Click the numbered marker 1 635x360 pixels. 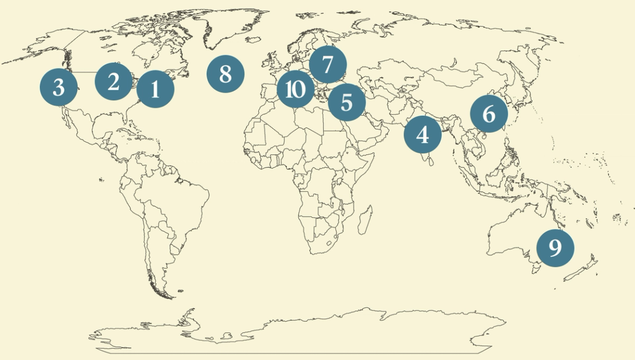pos(155,89)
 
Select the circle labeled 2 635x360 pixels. pos(114,82)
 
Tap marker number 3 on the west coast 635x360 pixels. pos(58,87)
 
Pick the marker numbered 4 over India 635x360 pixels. pos(423,135)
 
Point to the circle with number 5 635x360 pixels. pos(346,102)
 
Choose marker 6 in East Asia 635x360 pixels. pos(489,114)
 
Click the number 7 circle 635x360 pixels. pos(328,65)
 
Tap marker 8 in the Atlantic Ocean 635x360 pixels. pos(226,74)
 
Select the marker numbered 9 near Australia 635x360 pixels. pos(555,248)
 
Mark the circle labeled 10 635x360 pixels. pos(296,89)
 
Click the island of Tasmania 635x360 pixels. pos(534,270)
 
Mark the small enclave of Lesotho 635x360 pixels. pos(330,243)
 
